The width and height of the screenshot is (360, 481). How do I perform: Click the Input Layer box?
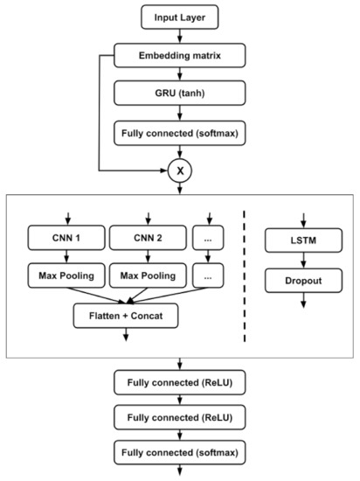179,16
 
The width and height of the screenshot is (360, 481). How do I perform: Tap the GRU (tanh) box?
179,94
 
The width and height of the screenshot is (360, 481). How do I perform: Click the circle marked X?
179,170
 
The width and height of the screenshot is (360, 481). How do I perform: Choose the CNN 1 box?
65,238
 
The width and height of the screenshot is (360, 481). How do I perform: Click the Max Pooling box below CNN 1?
65,276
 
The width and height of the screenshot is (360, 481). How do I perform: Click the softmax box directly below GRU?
179,132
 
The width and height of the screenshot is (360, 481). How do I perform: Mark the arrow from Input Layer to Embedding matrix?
179,35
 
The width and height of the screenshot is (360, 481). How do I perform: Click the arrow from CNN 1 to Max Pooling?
65,257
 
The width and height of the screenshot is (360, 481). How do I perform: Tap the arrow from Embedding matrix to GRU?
179,73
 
